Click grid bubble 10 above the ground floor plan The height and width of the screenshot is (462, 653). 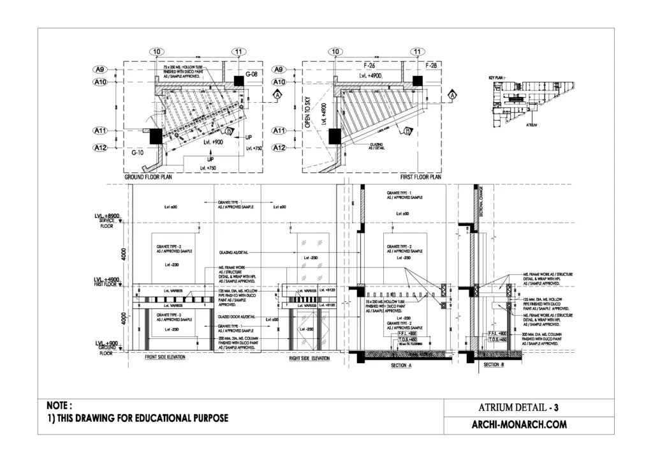(156, 51)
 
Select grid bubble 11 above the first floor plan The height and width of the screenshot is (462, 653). (418, 51)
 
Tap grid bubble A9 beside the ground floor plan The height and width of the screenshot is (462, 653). (99, 70)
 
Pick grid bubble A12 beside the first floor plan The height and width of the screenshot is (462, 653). (279, 148)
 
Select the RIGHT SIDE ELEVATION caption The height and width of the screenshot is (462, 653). (309, 359)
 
